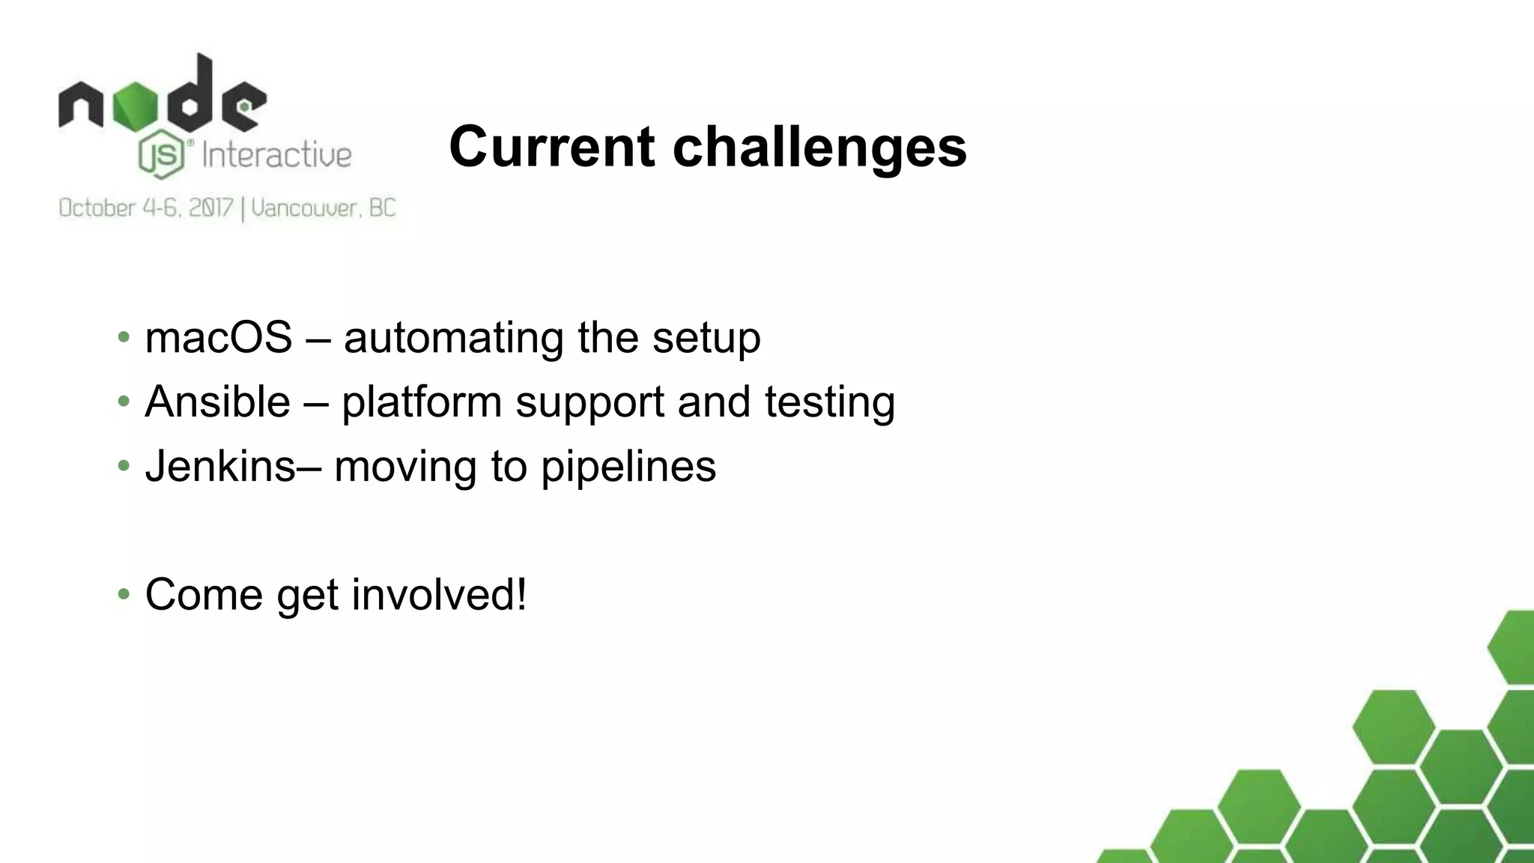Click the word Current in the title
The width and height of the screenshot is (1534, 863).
pos(552,146)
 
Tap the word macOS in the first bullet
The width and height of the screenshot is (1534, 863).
pos(218,337)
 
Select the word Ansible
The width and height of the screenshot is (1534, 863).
pos(217,402)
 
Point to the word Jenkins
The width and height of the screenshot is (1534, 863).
pos(220,466)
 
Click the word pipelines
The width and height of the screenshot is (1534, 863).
pos(628,467)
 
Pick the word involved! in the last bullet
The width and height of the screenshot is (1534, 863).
pos(439,595)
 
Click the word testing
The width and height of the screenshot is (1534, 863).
pos(829,403)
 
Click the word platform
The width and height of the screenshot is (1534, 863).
pos(421,403)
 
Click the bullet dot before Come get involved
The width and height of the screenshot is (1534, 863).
pos(124,595)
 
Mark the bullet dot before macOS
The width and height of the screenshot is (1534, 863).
pos(124,337)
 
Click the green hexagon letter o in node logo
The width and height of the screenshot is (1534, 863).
pos(136,106)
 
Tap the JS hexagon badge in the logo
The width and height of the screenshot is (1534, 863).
pos(162,155)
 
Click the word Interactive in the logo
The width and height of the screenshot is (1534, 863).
pos(276,156)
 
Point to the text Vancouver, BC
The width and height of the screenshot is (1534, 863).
pos(323,208)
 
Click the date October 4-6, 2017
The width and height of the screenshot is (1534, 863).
pos(146,208)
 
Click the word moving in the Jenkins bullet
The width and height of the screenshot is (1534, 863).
pos(404,467)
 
